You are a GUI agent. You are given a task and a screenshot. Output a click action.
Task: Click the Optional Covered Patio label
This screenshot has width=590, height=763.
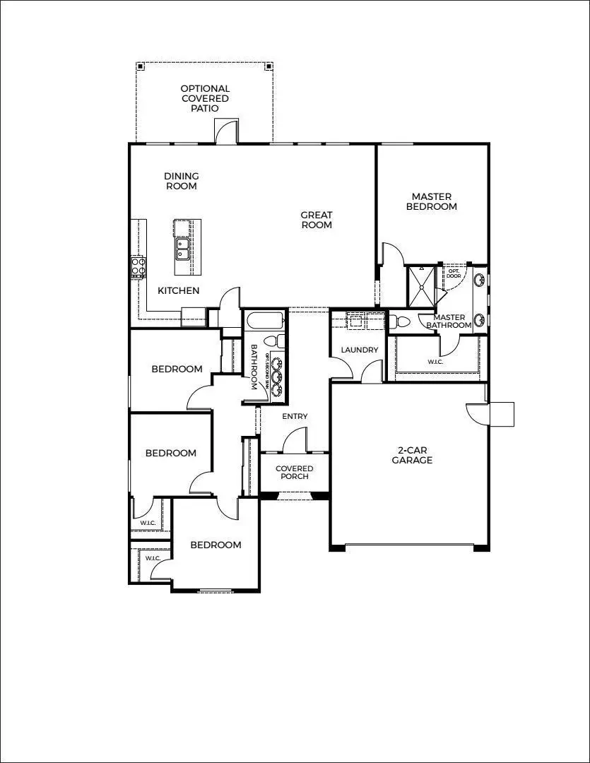click(x=204, y=99)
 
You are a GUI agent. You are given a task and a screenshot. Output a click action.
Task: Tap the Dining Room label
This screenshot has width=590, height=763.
click(x=182, y=181)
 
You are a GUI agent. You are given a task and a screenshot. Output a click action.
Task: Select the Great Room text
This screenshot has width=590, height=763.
click(x=316, y=220)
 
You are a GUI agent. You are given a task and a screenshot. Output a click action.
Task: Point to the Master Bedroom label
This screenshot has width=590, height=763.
click(x=434, y=201)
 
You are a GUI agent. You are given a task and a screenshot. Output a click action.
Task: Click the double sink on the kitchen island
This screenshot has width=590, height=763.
click(x=182, y=249)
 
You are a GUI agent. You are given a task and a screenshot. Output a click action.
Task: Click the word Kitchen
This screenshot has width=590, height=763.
click(x=178, y=290)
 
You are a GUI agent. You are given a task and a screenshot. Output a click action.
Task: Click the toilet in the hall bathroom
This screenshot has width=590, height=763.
click(x=279, y=341)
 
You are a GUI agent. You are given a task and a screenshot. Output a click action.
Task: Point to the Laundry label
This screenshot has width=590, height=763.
click(x=359, y=350)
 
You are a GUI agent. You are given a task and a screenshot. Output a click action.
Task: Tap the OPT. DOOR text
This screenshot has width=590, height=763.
click(x=453, y=273)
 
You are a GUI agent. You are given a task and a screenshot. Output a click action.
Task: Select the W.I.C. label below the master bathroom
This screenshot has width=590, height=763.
click(x=436, y=362)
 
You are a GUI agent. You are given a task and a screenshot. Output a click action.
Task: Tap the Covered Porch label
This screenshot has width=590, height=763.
click(x=294, y=472)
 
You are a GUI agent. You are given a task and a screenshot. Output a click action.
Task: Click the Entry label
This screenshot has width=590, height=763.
click(x=295, y=416)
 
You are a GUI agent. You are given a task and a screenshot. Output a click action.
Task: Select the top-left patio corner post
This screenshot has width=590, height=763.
click(x=140, y=66)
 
